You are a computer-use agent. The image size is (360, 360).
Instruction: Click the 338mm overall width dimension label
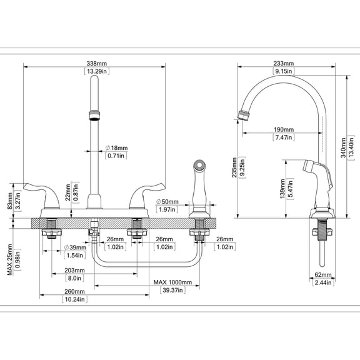click(x=97, y=63)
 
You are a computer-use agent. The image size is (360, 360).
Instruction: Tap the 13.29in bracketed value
click(x=97, y=71)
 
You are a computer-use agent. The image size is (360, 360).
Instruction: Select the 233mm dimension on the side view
click(x=284, y=63)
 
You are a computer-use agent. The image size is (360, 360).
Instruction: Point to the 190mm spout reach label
click(x=284, y=130)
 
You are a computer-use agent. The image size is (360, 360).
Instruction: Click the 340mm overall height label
click(x=344, y=147)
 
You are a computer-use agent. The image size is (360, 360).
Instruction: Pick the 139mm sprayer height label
click(x=282, y=189)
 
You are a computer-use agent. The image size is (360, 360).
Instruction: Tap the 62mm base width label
click(x=323, y=274)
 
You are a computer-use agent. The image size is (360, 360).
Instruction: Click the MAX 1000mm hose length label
click(x=172, y=282)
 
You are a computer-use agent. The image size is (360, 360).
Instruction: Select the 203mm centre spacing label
click(x=74, y=271)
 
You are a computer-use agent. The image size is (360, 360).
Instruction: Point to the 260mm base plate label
click(x=74, y=292)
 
